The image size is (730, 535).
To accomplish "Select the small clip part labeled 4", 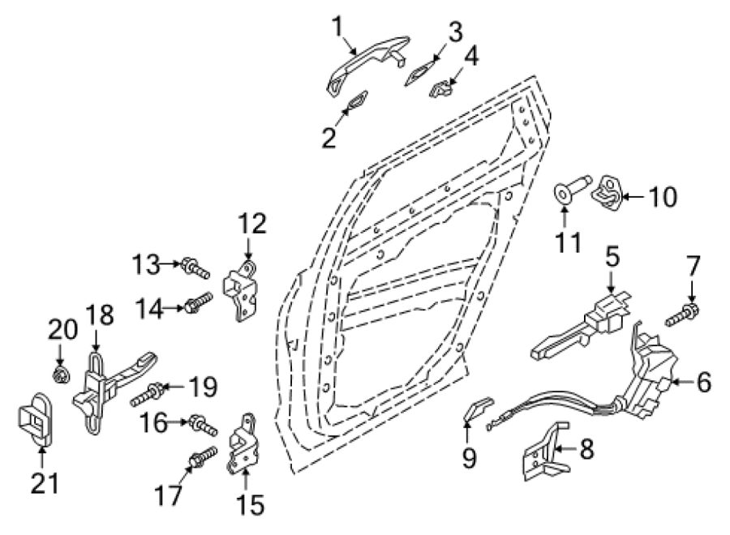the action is [x=441, y=88].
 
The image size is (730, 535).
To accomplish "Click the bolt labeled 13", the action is [x=195, y=267].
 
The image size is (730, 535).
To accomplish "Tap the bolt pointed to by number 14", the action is [x=199, y=302].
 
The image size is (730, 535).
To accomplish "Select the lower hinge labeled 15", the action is [x=243, y=444].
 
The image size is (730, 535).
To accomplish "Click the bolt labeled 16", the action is [x=203, y=425].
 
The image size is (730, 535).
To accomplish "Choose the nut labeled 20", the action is [x=61, y=374].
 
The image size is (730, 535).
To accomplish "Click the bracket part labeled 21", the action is [x=35, y=420].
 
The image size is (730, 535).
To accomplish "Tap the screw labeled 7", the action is [x=682, y=315].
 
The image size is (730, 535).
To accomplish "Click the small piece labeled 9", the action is [x=479, y=407].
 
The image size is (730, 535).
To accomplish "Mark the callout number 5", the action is [x=612, y=256].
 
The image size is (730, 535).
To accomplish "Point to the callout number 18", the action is [x=100, y=315].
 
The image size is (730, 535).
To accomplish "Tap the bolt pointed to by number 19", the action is [x=147, y=393].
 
